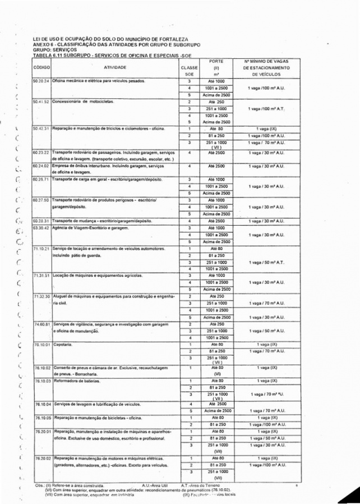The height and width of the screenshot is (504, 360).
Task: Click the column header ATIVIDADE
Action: (x=114, y=67)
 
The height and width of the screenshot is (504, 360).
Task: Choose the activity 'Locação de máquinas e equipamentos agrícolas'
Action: (x=97, y=276)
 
